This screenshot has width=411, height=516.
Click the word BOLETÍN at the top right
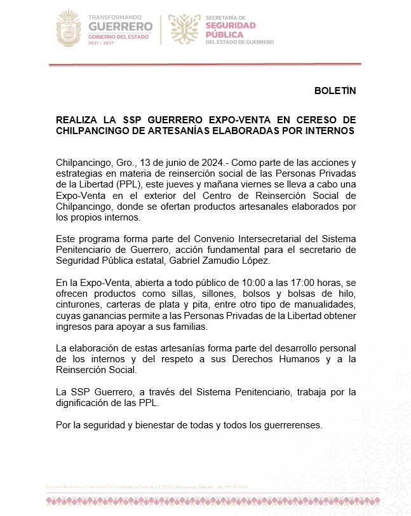pos(335,90)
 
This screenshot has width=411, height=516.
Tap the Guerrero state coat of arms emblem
pos(68,27)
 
